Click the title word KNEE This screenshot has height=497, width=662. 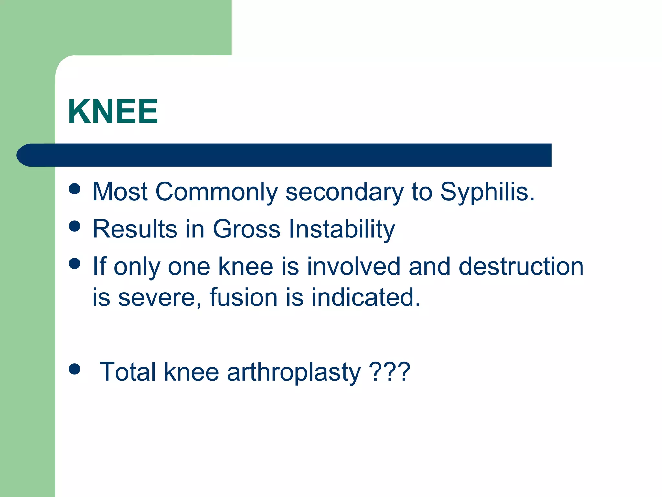click(x=113, y=111)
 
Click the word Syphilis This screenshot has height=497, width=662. click(x=487, y=192)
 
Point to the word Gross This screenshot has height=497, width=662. click(x=246, y=229)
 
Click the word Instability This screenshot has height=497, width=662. click(x=342, y=229)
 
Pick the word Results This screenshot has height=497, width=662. click(x=135, y=229)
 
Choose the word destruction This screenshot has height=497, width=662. click(x=521, y=266)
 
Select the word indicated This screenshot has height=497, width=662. click(x=366, y=297)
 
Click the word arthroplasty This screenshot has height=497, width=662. click(x=294, y=372)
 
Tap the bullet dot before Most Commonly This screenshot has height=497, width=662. click(x=75, y=189)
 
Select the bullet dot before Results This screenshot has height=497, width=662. click(x=75, y=226)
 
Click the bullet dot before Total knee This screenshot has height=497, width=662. click(x=75, y=369)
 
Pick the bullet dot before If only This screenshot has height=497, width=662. click(x=75, y=263)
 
